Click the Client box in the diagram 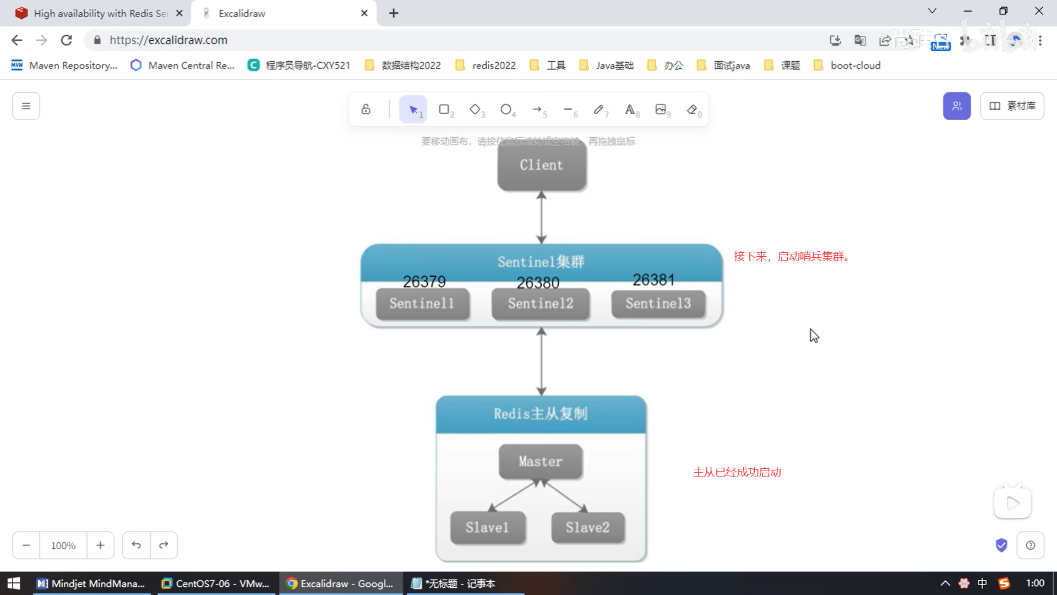click(x=542, y=165)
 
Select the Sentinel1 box click(x=422, y=304)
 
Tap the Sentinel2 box click(x=541, y=304)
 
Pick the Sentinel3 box click(x=658, y=304)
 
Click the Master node click(x=541, y=462)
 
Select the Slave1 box click(x=487, y=528)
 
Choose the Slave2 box click(x=587, y=528)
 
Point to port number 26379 click(x=424, y=282)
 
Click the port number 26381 click(x=653, y=280)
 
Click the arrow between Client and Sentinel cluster click(x=542, y=218)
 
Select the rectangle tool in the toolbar click(x=444, y=109)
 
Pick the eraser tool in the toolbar click(x=693, y=109)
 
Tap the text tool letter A click(x=630, y=109)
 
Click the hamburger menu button click(x=26, y=106)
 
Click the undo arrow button click(x=136, y=545)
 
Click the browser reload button click(x=67, y=40)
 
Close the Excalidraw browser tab click(x=364, y=13)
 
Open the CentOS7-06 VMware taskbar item click(x=215, y=583)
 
